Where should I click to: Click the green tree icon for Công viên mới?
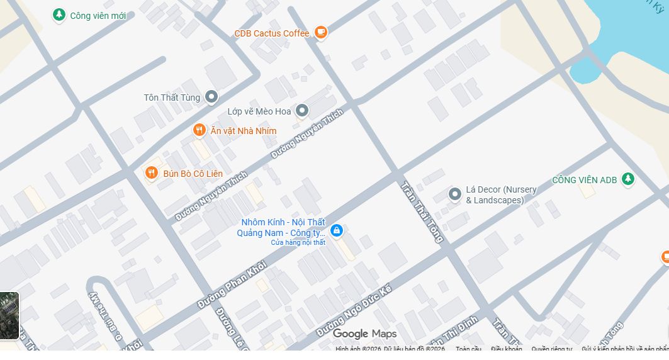tap(59, 14)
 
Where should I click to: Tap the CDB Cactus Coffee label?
tap(271, 33)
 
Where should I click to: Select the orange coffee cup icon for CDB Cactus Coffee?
tap(321, 32)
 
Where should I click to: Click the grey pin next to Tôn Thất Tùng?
tap(212, 97)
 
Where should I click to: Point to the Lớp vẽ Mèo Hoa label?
tap(259, 111)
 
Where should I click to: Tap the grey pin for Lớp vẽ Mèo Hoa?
tap(302, 111)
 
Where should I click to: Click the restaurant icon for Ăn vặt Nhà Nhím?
tap(200, 130)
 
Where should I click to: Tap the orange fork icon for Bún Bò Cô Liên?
tap(151, 172)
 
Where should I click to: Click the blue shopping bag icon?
tap(337, 230)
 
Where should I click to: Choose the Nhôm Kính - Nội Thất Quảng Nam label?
tap(281, 228)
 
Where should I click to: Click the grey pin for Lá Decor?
tap(455, 194)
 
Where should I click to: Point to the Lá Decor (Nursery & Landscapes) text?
tap(501, 195)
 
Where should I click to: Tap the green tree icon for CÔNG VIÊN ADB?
tap(627, 179)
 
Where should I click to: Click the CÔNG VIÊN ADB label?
tap(584, 180)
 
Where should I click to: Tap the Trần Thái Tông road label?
tap(422, 211)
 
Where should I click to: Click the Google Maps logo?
tap(364, 334)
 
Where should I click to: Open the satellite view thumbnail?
tap(9, 315)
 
